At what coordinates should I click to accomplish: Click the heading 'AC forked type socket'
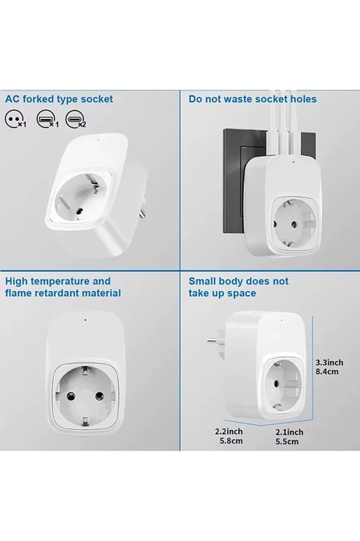click(60, 98)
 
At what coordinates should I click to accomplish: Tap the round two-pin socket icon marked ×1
click(15, 119)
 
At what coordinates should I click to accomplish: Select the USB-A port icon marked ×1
click(45, 119)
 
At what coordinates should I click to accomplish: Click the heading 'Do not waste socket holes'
click(252, 98)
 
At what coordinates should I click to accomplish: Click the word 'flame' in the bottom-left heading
click(20, 293)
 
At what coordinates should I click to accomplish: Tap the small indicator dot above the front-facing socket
click(87, 320)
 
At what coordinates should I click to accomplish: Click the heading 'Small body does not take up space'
click(238, 287)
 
